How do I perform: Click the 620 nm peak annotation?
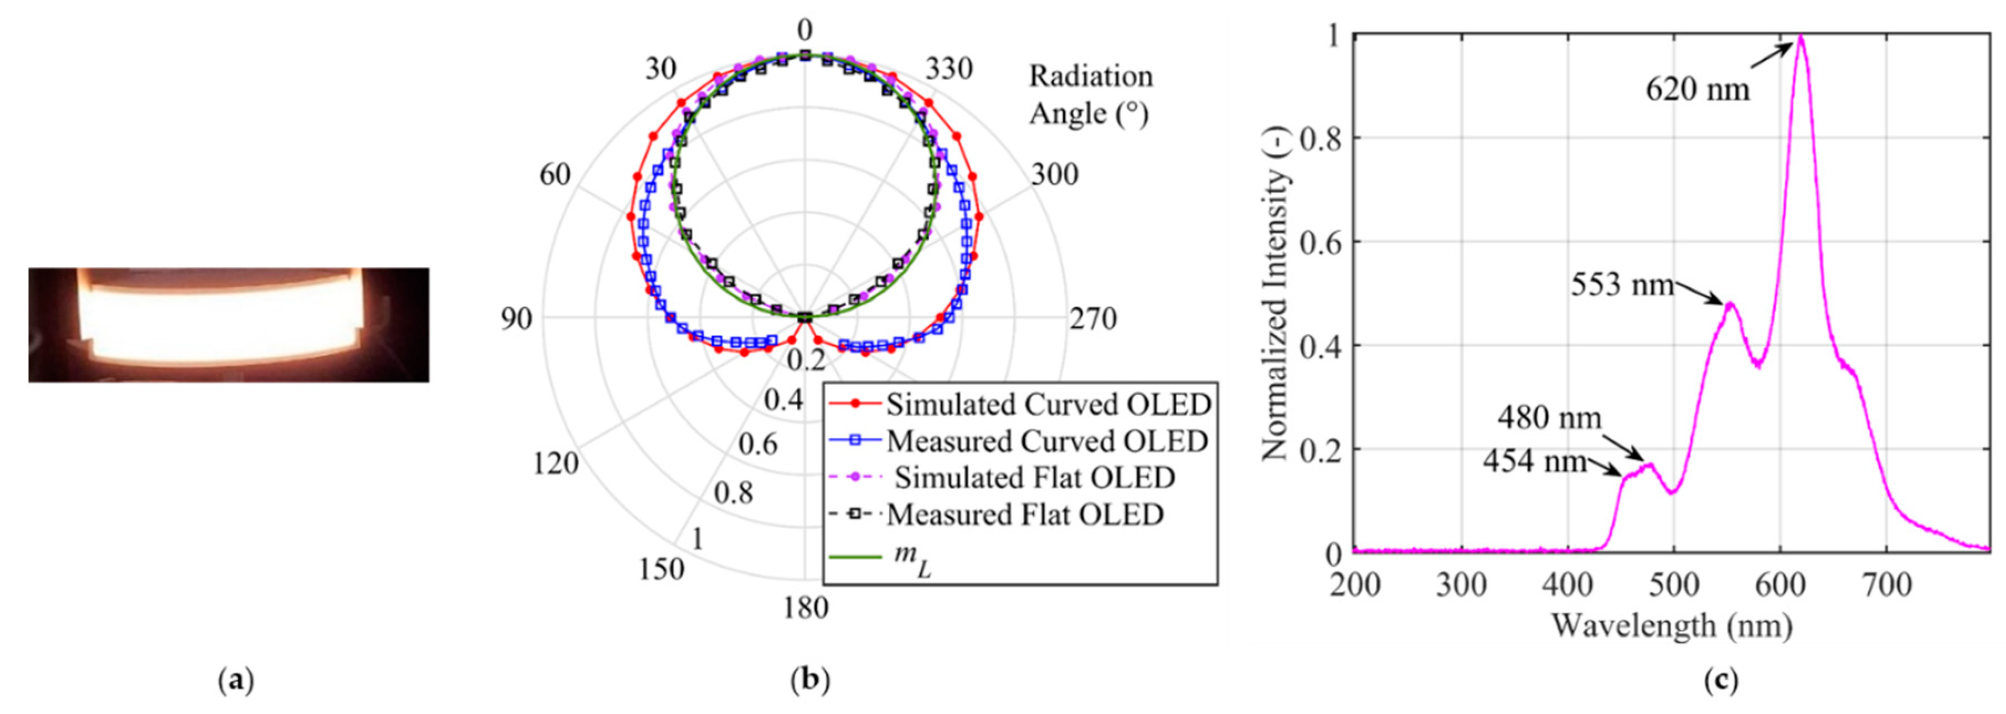pyautogui.click(x=1698, y=90)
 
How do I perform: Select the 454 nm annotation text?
pyautogui.click(x=1534, y=461)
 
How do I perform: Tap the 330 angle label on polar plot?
pyautogui.click(x=948, y=69)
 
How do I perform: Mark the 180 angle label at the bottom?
pyautogui.click(x=805, y=607)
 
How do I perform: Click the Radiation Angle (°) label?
pyautogui.click(x=1090, y=94)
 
